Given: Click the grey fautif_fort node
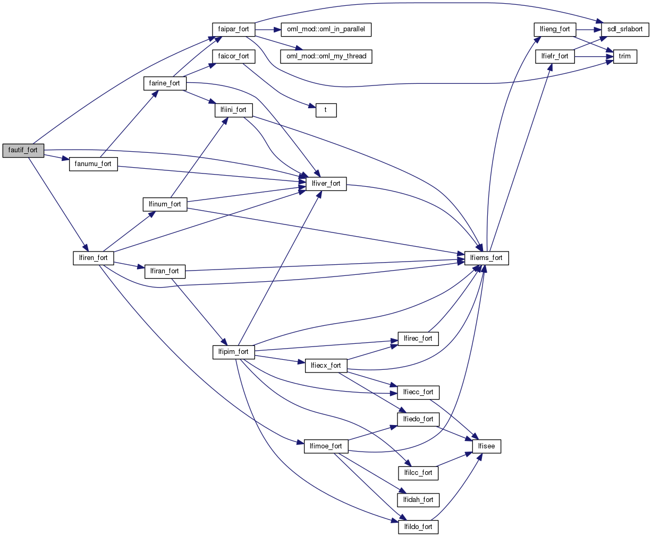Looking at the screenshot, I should (x=23, y=150).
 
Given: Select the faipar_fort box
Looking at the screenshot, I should (x=233, y=29).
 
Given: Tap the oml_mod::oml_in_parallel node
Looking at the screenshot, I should (x=325, y=29).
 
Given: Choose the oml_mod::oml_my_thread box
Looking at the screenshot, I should (x=326, y=56).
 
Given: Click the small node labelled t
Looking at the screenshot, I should (x=326, y=110).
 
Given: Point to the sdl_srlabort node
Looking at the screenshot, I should (x=625, y=29).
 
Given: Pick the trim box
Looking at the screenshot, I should (x=625, y=56).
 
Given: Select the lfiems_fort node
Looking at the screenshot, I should (x=487, y=258).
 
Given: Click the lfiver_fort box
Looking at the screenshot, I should (x=326, y=184).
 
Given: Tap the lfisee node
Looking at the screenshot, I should (x=487, y=446).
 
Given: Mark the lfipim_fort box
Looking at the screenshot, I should (x=233, y=352).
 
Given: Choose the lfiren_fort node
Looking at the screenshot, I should (x=93, y=258).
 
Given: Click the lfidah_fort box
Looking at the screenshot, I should (x=418, y=500).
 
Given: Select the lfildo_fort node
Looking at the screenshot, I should (x=418, y=527).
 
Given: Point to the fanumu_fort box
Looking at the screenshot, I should (x=93, y=163).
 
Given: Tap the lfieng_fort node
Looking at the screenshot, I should (x=555, y=29).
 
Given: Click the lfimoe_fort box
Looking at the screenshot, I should (x=326, y=446).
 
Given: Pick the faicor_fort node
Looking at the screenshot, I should (x=233, y=56).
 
